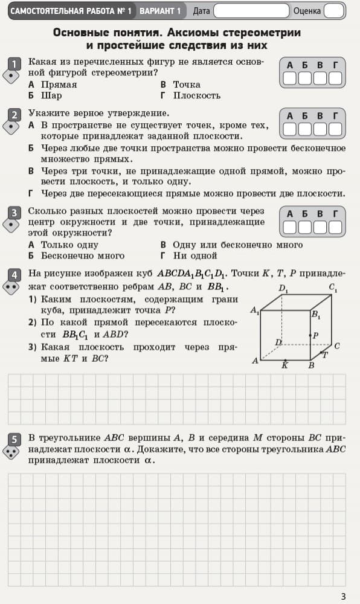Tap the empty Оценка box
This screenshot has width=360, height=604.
point(333,11)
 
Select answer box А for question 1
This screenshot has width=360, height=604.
point(290,78)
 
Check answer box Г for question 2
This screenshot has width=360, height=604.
point(335,129)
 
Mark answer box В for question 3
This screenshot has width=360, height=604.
point(320,226)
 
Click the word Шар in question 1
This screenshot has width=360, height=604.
point(51,95)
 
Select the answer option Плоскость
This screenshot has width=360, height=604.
point(196,95)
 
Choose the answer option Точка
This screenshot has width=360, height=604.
point(186,85)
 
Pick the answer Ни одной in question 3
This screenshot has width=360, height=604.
point(194,256)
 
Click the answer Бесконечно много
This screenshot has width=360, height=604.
point(82,256)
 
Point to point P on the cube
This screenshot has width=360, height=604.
point(310,335)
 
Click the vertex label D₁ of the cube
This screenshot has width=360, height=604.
point(283,289)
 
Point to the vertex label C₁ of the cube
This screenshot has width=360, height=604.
point(333,287)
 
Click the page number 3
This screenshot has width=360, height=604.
point(343,596)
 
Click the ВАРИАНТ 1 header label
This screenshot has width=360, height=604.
point(160,11)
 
